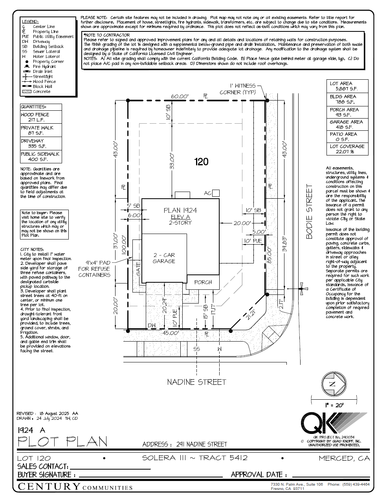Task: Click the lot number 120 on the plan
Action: (201, 162)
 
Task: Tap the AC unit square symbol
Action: (216, 193)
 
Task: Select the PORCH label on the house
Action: (203, 282)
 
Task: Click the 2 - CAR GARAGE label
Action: (164, 258)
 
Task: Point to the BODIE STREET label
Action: (310, 212)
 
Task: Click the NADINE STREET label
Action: (196, 382)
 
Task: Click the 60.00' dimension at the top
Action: (180, 96)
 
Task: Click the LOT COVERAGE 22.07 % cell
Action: (347, 149)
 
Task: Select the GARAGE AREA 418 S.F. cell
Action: (347, 124)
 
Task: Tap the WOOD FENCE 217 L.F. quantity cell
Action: (41, 117)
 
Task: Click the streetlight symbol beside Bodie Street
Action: (301, 289)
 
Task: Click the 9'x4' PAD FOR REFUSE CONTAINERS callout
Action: (94, 269)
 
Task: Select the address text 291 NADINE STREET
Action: (202, 444)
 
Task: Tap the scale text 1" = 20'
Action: (334, 405)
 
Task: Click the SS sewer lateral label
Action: (197, 349)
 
